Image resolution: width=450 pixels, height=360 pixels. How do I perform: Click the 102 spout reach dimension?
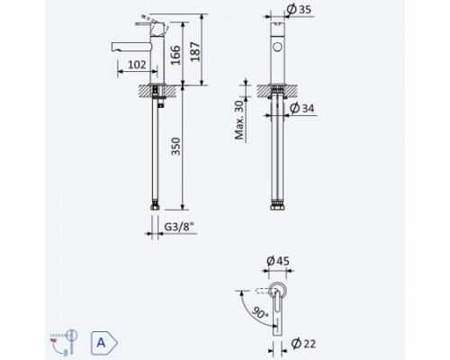[x=137, y=65]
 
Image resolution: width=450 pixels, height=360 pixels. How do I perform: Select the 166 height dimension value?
[x=175, y=55]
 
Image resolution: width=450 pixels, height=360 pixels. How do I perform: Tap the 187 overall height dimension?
[x=195, y=52]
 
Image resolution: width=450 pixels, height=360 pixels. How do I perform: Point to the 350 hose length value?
[x=175, y=147]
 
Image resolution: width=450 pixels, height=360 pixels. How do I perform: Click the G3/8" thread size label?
[x=179, y=227]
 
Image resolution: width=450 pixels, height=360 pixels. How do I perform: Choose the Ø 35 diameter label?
[x=299, y=9]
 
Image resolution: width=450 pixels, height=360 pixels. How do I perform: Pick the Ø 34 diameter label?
[x=302, y=108]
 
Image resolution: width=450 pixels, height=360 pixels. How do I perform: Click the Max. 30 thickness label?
[x=239, y=120]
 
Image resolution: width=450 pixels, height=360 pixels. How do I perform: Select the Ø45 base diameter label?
[x=278, y=261]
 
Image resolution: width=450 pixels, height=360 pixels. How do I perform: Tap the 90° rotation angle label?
[x=260, y=312]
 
